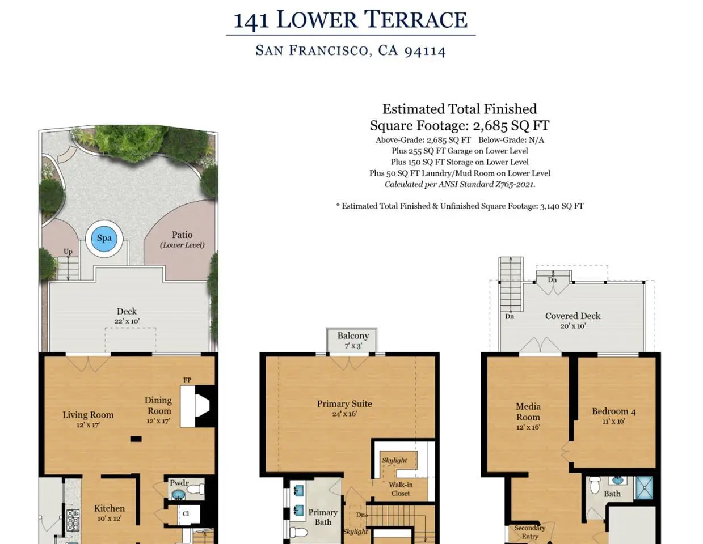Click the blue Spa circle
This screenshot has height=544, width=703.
(x=104, y=239)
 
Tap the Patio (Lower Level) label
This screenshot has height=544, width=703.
(x=182, y=239)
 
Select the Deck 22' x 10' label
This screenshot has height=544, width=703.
(x=127, y=316)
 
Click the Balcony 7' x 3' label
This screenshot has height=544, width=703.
(x=353, y=340)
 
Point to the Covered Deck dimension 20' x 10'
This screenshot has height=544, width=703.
(x=572, y=326)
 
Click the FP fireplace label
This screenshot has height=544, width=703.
(x=187, y=380)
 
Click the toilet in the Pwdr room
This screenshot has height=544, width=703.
(x=195, y=489)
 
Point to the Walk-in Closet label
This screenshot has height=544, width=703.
(x=400, y=489)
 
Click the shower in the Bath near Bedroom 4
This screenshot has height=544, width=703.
(x=644, y=488)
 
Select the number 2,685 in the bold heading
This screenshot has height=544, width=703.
(x=490, y=126)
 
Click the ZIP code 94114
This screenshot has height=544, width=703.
(x=425, y=51)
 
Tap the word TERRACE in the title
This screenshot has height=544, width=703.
(x=416, y=19)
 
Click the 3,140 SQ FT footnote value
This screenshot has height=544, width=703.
(x=562, y=206)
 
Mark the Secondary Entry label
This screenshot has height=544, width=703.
(x=529, y=532)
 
